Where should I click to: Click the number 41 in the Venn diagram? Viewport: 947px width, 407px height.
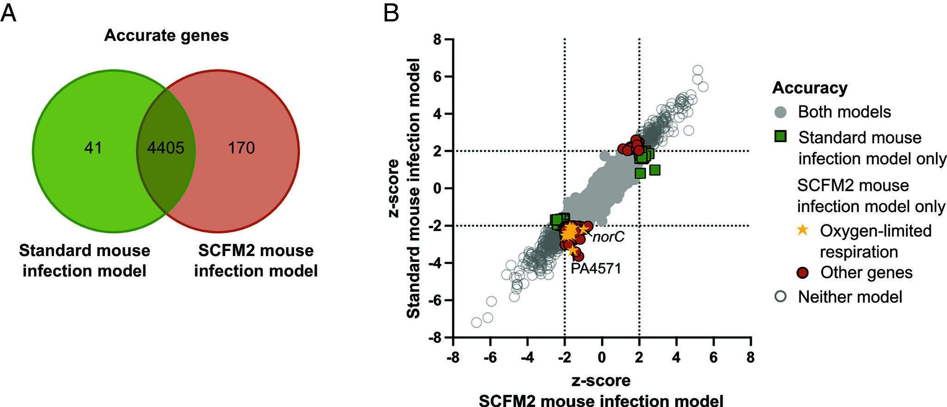click(93, 148)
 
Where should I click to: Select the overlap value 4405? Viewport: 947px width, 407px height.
click(166, 148)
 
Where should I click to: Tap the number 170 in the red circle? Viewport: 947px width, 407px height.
click(241, 148)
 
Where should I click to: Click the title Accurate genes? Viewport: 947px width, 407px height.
click(166, 36)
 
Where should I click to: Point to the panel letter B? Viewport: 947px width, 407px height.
click(392, 13)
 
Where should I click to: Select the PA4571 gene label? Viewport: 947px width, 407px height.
click(596, 268)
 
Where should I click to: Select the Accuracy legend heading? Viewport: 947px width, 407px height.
click(810, 88)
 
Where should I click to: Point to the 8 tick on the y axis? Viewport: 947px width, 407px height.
click(437, 40)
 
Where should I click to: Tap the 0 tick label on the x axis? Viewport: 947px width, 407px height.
click(602, 357)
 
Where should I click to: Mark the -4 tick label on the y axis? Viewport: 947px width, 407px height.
click(434, 263)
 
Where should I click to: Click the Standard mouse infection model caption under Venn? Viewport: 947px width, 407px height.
click(85, 261)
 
